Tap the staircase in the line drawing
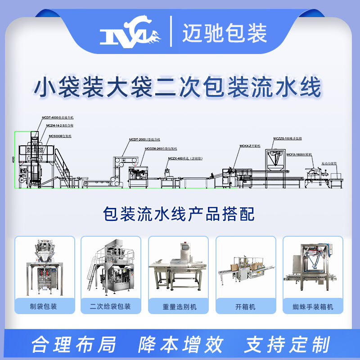[61, 166]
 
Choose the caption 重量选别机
[179, 307]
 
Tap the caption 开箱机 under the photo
[246, 307]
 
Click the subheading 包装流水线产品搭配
[179, 214]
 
